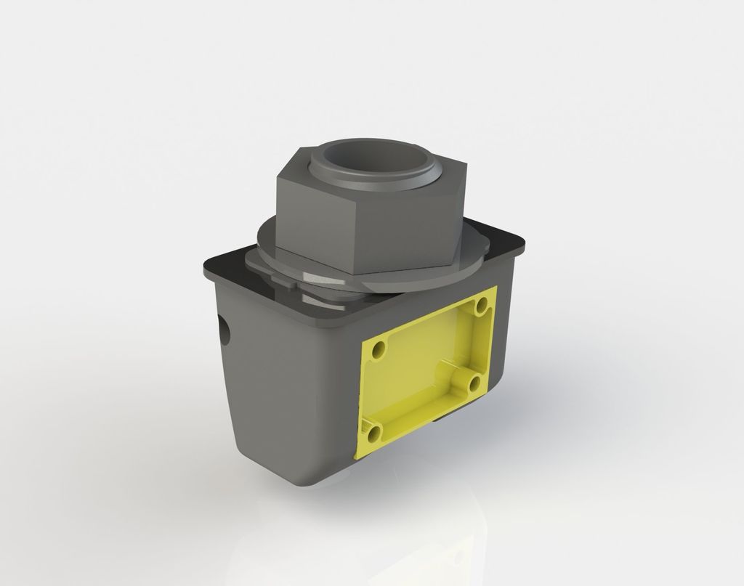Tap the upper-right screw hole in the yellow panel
click(480, 306)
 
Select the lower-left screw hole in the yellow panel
click(373, 434)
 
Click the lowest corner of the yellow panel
click(357, 457)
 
